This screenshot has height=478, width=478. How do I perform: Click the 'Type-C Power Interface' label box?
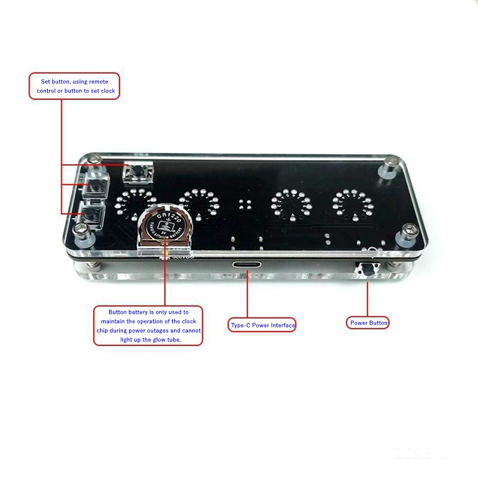pyautogui.click(x=263, y=325)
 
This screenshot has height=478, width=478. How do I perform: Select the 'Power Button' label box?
pyautogui.click(x=369, y=322)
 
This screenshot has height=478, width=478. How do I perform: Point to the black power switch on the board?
pyautogui.click(x=367, y=270)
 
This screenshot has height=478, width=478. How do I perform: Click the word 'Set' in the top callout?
pyautogui.click(x=46, y=82)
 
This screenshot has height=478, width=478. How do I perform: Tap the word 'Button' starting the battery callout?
pyautogui.click(x=118, y=312)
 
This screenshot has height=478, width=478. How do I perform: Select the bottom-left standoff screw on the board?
pyautogui.click(x=83, y=233)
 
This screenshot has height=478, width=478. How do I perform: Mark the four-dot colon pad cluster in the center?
pyautogui.click(x=245, y=205)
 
